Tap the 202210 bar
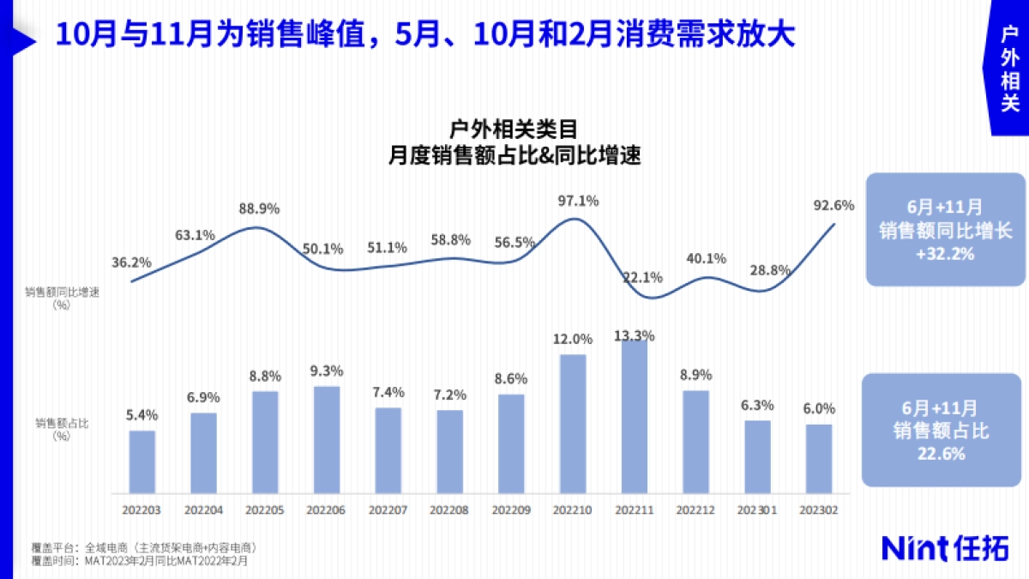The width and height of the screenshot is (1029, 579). point(574,424)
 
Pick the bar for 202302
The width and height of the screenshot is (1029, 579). point(820,459)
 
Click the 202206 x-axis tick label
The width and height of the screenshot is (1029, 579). point(327,510)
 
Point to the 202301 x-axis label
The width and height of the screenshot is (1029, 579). point(758,510)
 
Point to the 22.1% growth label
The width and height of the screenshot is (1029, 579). point(642,277)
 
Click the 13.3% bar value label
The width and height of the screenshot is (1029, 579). point(635,335)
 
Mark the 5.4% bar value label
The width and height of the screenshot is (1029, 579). point(142,415)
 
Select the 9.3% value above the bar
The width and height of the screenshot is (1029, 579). point(327,371)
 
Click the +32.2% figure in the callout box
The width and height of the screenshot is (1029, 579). point(945,255)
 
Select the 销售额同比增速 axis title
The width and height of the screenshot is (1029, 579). point(63,292)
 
